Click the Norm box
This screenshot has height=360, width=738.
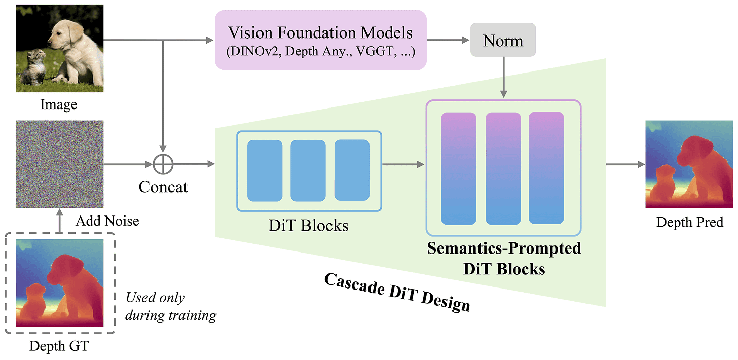click(x=503, y=40)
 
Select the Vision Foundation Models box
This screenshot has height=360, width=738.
click(x=320, y=40)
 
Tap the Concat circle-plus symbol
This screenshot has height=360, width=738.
click(x=163, y=164)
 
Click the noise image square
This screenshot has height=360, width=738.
click(x=60, y=164)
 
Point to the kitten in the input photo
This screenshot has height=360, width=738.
click(x=33, y=66)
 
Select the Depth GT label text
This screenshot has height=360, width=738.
click(x=59, y=346)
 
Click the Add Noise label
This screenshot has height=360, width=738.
click(x=107, y=221)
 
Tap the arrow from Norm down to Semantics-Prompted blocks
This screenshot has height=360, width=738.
click(x=503, y=77)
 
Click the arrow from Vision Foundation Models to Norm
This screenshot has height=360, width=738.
click(x=448, y=40)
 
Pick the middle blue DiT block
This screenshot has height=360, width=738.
click(x=308, y=171)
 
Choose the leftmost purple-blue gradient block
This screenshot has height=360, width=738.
click(x=459, y=169)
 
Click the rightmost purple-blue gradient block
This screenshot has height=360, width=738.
click(x=546, y=168)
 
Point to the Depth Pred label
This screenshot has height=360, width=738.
click(x=689, y=222)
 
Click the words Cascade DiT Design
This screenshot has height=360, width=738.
click(x=397, y=293)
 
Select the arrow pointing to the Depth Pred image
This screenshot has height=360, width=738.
click(x=625, y=164)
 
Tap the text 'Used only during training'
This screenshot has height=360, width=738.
click(x=171, y=307)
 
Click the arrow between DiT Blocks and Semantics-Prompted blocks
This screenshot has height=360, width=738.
click(x=403, y=164)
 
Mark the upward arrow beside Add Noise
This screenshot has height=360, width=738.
click(x=60, y=221)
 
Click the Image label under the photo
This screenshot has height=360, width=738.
click(x=59, y=104)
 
